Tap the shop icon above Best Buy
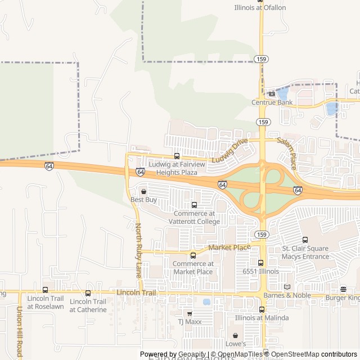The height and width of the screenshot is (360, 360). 143,192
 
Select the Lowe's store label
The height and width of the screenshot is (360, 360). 236,344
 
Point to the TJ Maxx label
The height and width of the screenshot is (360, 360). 189,322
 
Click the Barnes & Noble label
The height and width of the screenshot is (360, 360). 287,295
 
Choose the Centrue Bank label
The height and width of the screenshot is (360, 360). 272,102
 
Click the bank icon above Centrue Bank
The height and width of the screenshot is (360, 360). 272,94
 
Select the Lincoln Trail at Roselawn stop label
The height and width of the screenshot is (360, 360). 46,303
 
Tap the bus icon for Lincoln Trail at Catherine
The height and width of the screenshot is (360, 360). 88,293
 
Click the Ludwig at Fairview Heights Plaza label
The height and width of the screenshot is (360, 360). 177,168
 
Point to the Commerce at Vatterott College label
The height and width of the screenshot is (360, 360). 194,217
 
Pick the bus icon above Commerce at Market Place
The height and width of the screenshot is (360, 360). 193,255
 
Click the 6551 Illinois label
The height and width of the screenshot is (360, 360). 260,271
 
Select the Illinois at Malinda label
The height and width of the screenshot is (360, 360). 262,318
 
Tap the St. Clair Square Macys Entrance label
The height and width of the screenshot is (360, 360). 305,253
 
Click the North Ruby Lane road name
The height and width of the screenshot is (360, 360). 138,250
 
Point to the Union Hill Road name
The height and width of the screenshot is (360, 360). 19,332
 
